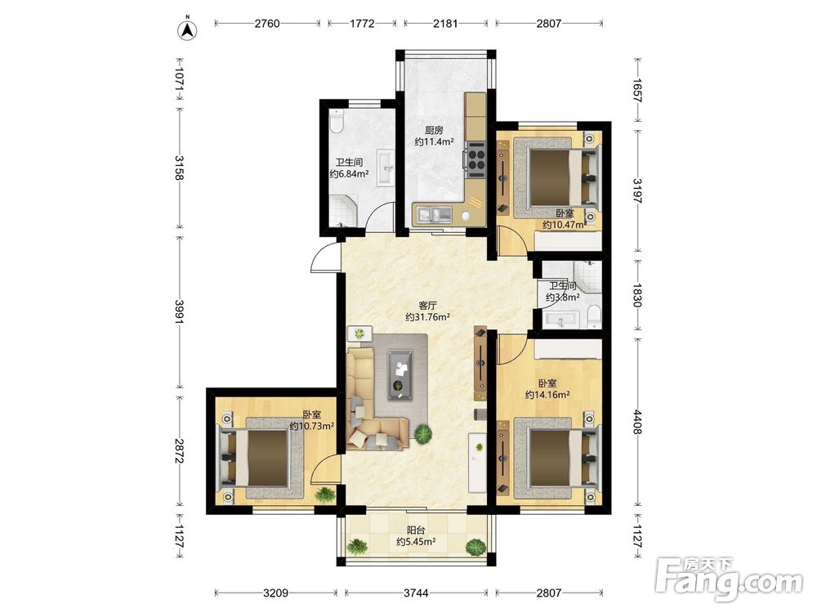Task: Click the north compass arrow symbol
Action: pyautogui.click(x=187, y=30)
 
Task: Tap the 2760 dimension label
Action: pyautogui.click(x=267, y=24)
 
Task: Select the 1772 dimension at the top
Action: pyautogui.click(x=362, y=24)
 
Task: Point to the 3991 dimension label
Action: pyautogui.click(x=179, y=311)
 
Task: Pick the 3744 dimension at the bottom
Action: pyautogui.click(x=417, y=593)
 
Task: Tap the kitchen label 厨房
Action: pyautogui.click(x=434, y=130)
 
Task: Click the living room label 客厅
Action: pyautogui.click(x=427, y=306)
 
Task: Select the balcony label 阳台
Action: pyautogui.click(x=415, y=530)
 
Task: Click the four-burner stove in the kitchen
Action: pyautogui.click(x=476, y=159)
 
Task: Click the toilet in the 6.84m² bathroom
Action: pyautogui.click(x=337, y=123)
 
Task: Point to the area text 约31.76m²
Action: pyautogui.click(x=427, y=317)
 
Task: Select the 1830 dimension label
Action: pyautogui.click(x=638, y=294)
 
